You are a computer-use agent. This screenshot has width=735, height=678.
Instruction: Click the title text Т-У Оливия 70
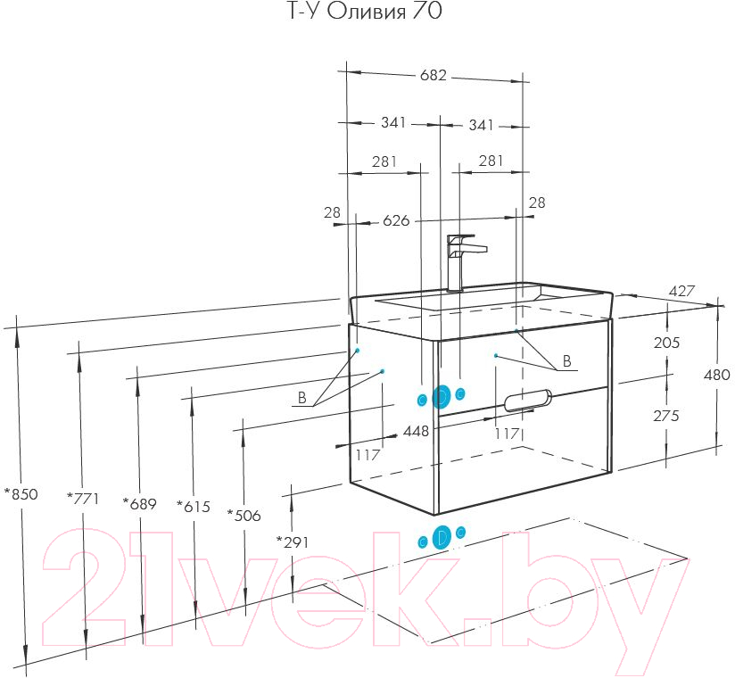[365, 12]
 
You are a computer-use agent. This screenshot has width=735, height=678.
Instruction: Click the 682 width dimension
[434, 75]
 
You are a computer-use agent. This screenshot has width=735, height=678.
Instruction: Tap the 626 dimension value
[396, 220]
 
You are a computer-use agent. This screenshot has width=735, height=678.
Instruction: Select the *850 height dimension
[21, 493]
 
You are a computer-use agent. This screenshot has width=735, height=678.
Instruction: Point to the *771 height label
[83, 498]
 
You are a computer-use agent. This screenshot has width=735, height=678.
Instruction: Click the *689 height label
[139, 503]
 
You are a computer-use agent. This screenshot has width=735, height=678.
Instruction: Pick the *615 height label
[194, 507]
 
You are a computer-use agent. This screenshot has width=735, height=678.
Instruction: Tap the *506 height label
[244, 516]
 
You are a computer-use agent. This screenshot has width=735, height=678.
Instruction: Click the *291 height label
[293, 542]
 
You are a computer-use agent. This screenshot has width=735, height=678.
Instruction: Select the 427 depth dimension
[681, 291]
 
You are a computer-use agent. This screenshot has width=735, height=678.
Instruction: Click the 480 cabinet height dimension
[717, 374]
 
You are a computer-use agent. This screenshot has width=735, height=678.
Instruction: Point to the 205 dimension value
[666, 343]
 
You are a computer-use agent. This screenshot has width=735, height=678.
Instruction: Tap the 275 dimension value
[666, 416]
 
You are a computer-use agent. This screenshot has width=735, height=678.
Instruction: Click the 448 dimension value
[416, 431]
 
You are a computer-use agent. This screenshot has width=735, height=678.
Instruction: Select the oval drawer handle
[528, 401]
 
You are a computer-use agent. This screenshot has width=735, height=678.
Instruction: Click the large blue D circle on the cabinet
[441, 397]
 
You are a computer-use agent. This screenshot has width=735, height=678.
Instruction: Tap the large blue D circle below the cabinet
[442, 537]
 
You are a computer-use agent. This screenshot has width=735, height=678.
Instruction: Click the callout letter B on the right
[566, 361]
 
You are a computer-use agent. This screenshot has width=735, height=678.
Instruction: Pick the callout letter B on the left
[301, 398]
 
